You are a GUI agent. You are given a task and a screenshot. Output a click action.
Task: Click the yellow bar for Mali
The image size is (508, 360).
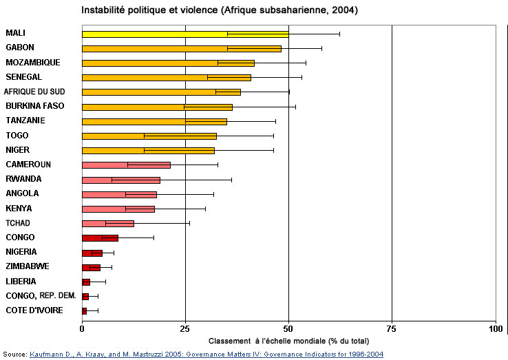184,34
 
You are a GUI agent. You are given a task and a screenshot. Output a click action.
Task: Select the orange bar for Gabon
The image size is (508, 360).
181,48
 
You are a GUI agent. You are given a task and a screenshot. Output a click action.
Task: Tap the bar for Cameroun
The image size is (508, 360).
126,165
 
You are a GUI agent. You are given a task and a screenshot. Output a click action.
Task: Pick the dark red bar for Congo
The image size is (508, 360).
100,237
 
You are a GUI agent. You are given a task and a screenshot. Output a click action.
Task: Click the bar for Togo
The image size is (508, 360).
149,136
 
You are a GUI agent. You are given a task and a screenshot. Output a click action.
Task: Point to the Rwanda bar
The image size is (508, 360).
120,180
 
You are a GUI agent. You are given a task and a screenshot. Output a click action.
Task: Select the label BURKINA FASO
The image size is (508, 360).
35,106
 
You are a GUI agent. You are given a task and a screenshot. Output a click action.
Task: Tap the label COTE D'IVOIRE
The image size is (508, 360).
34,310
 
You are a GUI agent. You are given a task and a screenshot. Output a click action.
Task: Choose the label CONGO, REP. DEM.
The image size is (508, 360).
41,296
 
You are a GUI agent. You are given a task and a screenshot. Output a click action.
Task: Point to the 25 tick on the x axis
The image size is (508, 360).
185,329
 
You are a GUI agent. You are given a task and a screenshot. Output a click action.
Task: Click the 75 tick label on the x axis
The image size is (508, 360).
392,329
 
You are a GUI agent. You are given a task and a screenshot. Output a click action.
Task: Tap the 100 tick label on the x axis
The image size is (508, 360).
495,329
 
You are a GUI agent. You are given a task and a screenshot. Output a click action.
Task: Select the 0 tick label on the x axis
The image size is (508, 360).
82,329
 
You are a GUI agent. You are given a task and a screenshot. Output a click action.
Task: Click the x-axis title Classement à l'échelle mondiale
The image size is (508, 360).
288,341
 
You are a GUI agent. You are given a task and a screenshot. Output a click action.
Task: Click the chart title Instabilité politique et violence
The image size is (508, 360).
220,10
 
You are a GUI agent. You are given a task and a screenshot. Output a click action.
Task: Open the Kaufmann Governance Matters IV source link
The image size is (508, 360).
206,354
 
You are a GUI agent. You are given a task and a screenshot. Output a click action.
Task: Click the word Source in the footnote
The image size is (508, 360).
14,354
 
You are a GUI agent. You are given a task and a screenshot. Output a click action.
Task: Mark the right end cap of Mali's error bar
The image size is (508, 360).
339,34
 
